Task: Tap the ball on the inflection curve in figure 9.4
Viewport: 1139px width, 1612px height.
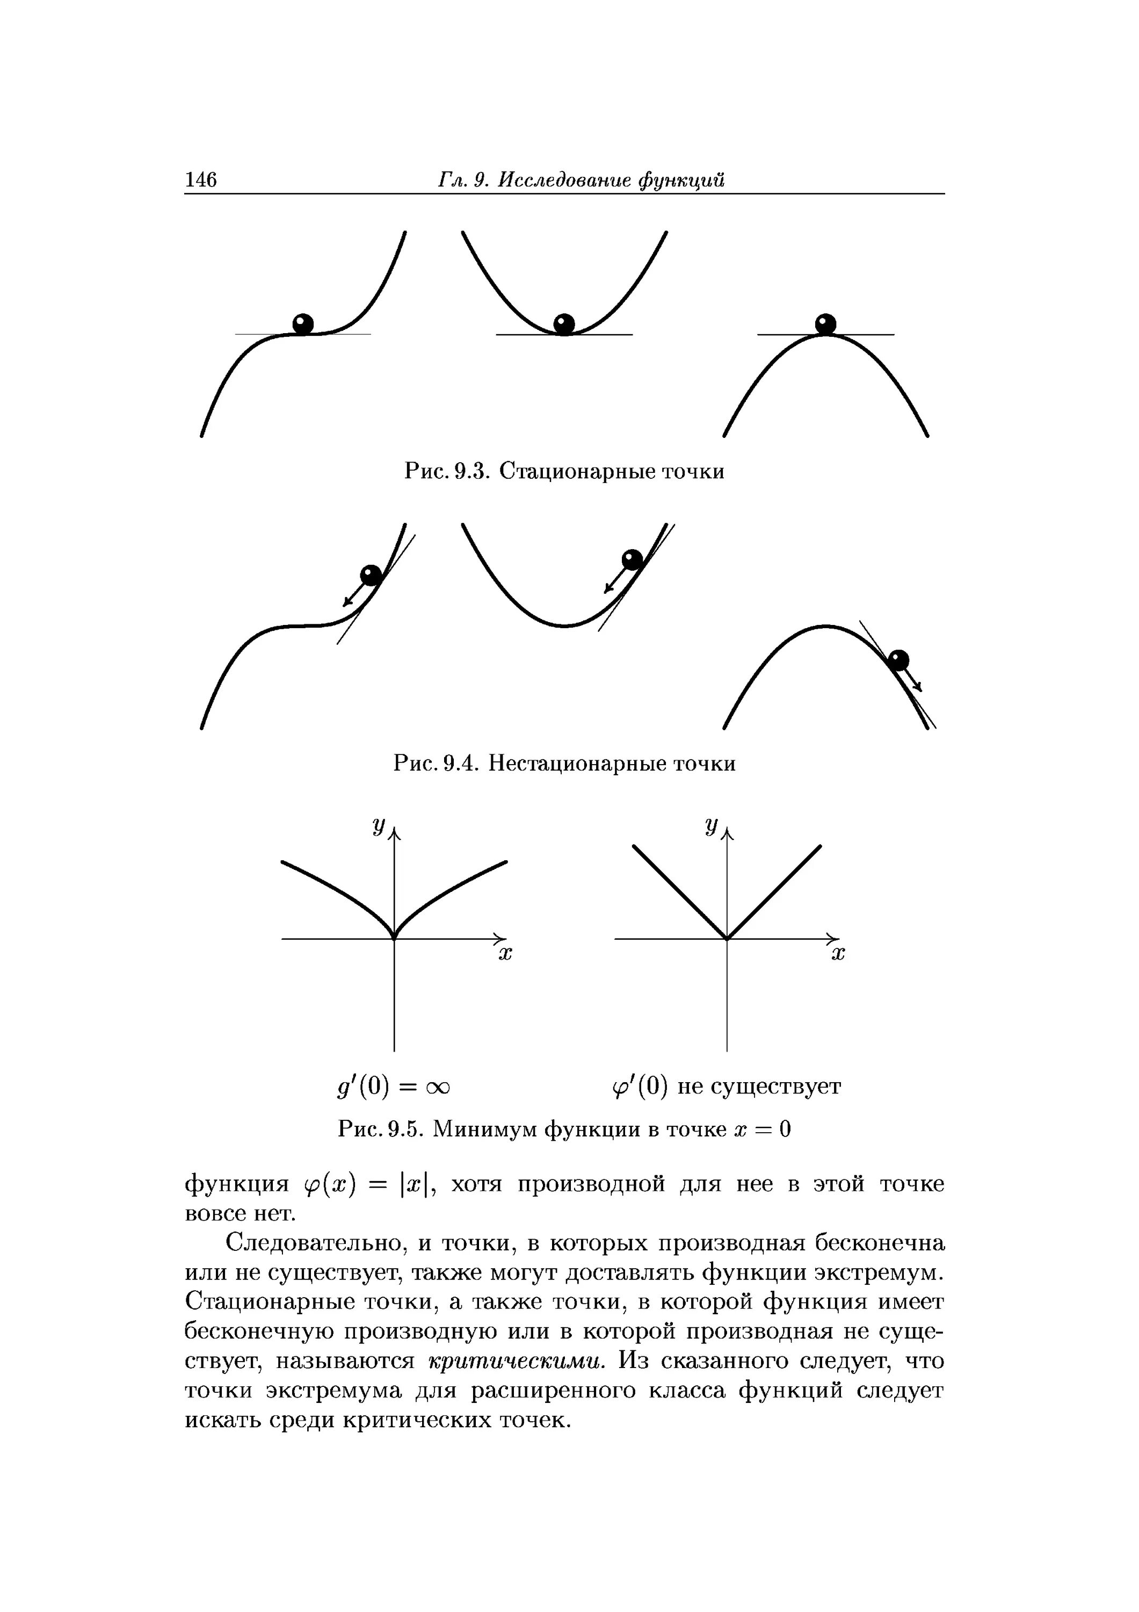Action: pos(371,575)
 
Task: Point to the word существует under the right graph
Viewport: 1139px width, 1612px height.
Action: pos(775,1087)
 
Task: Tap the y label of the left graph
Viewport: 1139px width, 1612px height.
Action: pos(379,829)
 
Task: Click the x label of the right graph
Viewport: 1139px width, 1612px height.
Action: pos(838,955)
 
